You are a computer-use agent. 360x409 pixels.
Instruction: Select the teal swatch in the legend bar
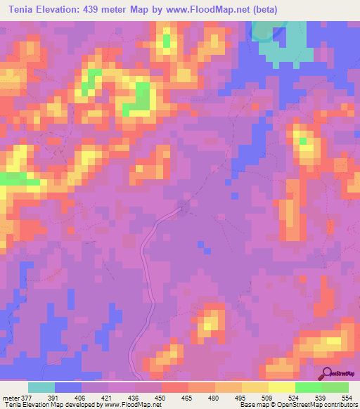(41, 387)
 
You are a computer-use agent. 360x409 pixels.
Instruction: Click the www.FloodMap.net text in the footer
(131, 405)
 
